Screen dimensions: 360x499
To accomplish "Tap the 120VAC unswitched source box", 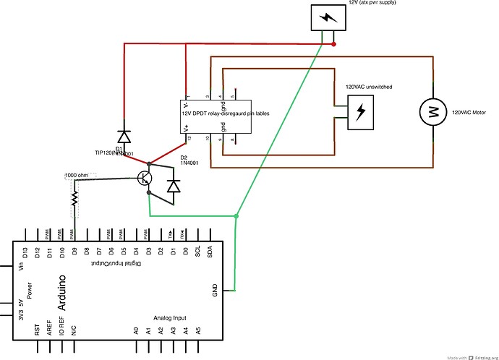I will click(x=362, y=111).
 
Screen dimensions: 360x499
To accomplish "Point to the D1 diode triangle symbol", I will click(x=124, y=136).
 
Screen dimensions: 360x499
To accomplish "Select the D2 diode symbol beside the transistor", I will click(x=173, y=186).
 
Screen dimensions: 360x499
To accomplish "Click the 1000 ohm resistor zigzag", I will click(x=74, y=197).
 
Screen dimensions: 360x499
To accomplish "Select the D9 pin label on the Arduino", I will click(x=74, y=252).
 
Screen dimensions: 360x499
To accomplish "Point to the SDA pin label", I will click(x=210, y=252).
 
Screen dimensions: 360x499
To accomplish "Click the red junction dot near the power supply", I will click(x=333, y=44).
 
